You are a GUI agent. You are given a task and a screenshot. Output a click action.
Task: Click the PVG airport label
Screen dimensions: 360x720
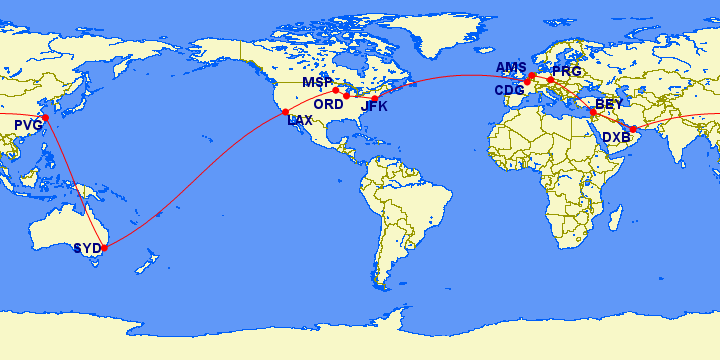tap(28, 125)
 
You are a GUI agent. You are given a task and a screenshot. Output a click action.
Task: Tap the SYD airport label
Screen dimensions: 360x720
tap(87, 248)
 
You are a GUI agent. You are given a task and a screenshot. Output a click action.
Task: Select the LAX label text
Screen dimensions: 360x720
tap(300, 120)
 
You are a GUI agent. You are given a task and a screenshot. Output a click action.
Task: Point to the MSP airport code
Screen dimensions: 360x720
tap(317, 82)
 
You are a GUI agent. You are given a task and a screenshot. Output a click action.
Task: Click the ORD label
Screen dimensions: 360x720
tap(328, 104)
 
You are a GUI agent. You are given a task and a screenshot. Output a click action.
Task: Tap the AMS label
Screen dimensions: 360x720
tap(511, 67)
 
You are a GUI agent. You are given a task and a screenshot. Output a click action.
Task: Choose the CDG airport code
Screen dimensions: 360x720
tap(509, 90)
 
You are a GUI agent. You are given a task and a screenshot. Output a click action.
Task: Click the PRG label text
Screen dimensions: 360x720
tap(566, 72)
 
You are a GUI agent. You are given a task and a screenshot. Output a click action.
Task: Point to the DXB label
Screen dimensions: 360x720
tap(616, 136)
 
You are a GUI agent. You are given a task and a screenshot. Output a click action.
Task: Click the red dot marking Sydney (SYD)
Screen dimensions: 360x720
tap(105, 246)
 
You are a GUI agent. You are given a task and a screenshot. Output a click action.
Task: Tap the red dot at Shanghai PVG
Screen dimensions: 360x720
tap(44, 118)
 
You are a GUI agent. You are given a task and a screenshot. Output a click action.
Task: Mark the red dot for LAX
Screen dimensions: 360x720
tap(286, 112)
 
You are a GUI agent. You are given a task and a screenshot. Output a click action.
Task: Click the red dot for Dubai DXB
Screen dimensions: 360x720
tap(632, 130)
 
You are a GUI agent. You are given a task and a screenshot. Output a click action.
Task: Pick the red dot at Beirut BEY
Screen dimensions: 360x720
tap(593, 113)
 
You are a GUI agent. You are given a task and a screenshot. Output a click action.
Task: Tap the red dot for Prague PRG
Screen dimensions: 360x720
tap(550, 79)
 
